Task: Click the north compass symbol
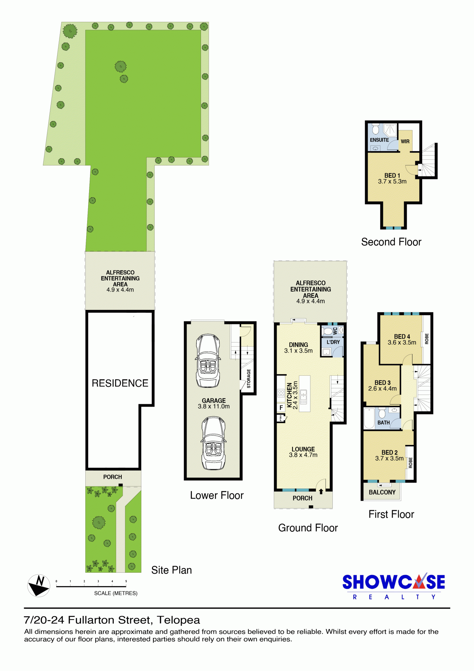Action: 39,586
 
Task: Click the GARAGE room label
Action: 214,401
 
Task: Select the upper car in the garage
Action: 208,361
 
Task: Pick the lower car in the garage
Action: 214,443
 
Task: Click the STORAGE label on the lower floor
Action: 248,379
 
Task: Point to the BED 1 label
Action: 392,175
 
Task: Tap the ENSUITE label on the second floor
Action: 379,140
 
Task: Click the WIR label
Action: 405,141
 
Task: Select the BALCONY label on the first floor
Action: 382,492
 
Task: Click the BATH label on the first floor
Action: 384,422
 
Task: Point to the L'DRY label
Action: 333,342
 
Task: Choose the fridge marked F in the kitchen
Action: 281,408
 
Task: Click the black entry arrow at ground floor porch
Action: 321,491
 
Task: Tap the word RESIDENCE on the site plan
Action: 120,383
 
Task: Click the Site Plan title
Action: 172,570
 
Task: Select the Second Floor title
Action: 391,242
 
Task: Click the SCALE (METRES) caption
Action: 116,593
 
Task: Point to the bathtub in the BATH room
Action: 369,418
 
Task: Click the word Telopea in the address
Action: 179,620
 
